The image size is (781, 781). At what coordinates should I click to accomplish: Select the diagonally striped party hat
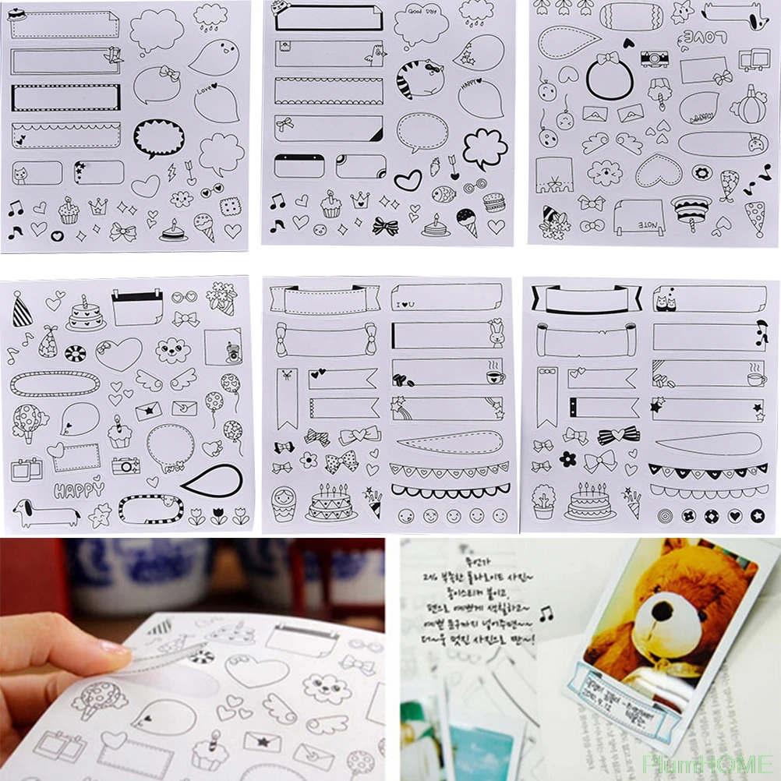coord(23,311)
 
